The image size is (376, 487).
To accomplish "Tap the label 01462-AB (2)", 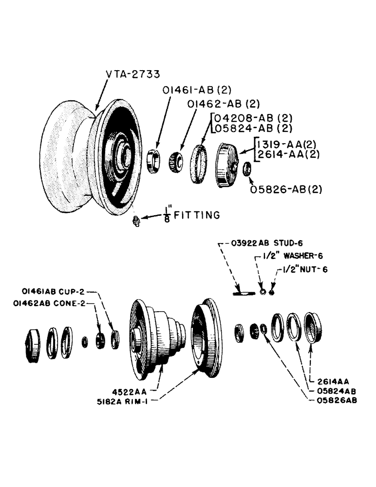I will pos(224,103).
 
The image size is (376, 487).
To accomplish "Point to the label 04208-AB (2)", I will pos(252,118).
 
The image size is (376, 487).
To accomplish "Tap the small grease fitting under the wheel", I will pos(137,222).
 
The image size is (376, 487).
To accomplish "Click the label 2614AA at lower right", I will pos(327,383).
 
